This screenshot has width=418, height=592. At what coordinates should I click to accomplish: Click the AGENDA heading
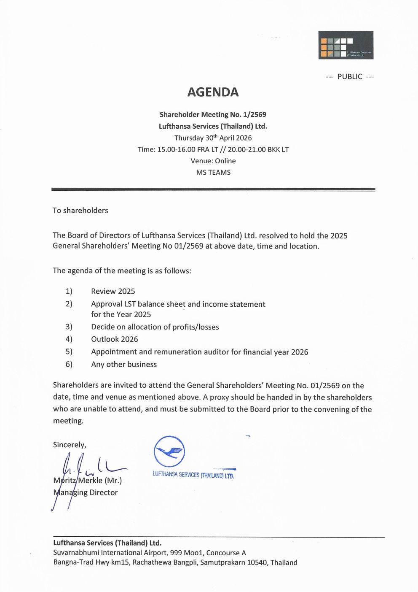tap(213, 92)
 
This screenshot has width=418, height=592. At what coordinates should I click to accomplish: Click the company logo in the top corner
tap(346, 45)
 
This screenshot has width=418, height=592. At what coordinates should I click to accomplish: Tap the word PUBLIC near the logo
tap(350, 76)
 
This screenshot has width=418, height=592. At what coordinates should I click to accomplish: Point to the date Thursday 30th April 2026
tap(213, 138)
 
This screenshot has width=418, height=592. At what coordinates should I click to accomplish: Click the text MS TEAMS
tap(213, 172)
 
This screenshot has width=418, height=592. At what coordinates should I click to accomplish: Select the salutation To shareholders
tap(80, 210)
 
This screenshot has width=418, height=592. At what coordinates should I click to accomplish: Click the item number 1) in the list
tap(69, 291)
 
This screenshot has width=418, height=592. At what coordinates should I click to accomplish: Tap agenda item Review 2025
tap(113, 291)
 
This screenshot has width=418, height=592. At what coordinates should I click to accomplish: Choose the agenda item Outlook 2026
tap(114, 339)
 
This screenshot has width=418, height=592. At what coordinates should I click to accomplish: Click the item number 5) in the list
tap(69, 351)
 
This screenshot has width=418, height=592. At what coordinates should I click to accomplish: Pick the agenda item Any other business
tap(124, 364)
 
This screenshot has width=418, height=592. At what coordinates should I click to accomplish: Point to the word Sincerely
tap(70, 445)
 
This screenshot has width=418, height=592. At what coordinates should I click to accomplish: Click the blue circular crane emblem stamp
tap(169, 451)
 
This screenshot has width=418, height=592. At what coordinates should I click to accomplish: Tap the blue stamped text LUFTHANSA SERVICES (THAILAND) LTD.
tap(193, 475)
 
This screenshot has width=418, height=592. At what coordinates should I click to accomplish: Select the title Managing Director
tap(86, 492)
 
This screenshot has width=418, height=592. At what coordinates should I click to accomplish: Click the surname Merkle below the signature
tap(90, 480)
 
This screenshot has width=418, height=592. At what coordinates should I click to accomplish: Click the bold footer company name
tap(107, 543)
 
